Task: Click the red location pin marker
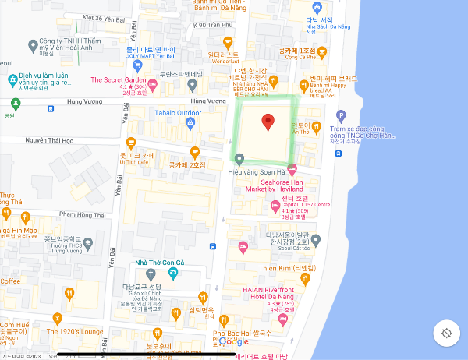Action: tap(268, 122)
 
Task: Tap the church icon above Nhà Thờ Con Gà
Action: tap(171, 274)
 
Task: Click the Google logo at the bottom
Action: tap(233, 341)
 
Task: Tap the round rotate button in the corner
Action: tap(445, 333)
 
